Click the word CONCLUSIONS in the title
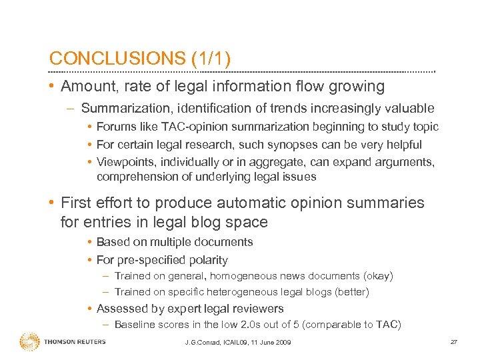(x=117, y=59)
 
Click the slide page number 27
(x=453, y=342)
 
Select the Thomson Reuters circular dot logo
(x=30, y=342)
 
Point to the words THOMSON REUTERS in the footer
(x=75, y=343)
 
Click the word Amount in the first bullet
(x=84, y=87)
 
